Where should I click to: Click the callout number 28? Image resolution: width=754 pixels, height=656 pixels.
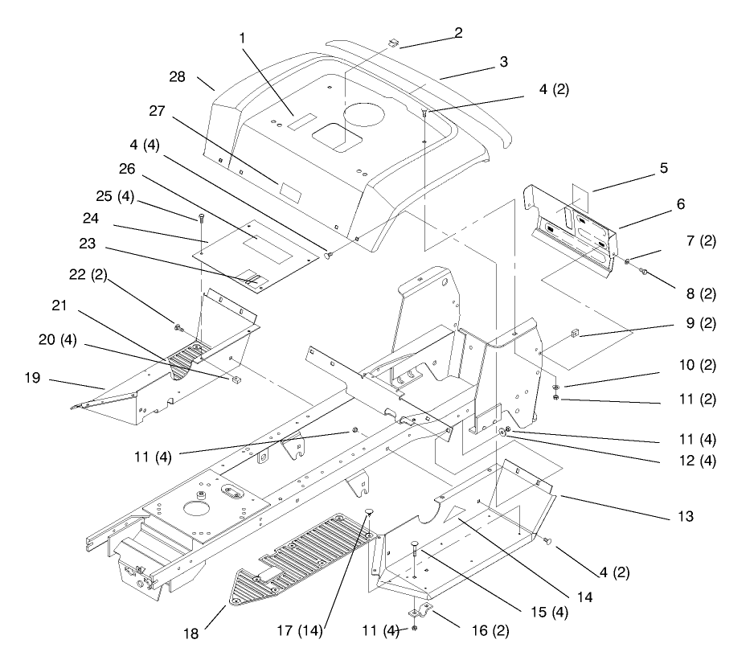[177, 77]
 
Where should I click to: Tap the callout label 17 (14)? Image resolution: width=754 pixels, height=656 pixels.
[300, 630]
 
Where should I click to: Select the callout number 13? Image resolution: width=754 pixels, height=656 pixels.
[685, 517]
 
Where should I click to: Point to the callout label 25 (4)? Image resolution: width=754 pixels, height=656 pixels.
[115, 196]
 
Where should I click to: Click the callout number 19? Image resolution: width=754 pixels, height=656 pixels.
[33, 378]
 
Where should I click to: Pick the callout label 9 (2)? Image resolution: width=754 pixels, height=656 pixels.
[701, 323]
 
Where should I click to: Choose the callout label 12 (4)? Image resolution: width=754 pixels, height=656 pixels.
[697, 461]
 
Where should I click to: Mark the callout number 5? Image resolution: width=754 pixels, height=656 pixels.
[664, 168]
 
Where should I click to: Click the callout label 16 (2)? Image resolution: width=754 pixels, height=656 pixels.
[490, 630]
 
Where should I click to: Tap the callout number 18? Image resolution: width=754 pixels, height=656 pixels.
[191, 633]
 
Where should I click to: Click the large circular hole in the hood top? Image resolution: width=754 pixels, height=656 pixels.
[364, 114]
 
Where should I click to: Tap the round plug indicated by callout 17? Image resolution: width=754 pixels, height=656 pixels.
[369, 510]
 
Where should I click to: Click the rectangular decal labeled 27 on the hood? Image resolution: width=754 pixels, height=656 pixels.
[292, 192]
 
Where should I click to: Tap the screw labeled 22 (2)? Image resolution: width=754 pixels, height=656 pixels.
[179, 328]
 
